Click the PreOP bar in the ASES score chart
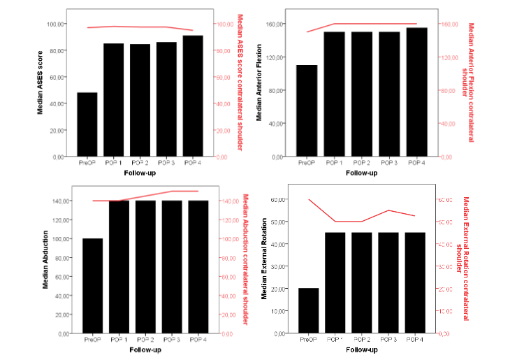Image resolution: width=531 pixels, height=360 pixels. (x=87, y=124)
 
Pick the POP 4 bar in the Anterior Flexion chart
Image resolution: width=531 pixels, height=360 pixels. (x=416, y=92)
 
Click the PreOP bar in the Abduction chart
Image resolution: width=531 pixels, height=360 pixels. (x=92, y=286)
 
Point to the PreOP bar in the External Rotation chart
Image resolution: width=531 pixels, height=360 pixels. (x=308, y=310)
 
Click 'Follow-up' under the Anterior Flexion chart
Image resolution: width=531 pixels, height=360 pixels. (x=361, y=173)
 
